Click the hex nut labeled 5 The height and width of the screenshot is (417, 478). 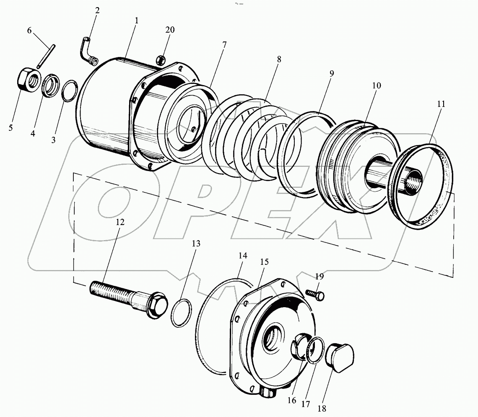(29, 78)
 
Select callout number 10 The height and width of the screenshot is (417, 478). (376, 85)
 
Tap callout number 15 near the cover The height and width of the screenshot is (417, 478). (264, 262)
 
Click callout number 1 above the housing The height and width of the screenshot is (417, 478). (137, 20)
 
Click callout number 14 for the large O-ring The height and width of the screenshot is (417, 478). (243, 255)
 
